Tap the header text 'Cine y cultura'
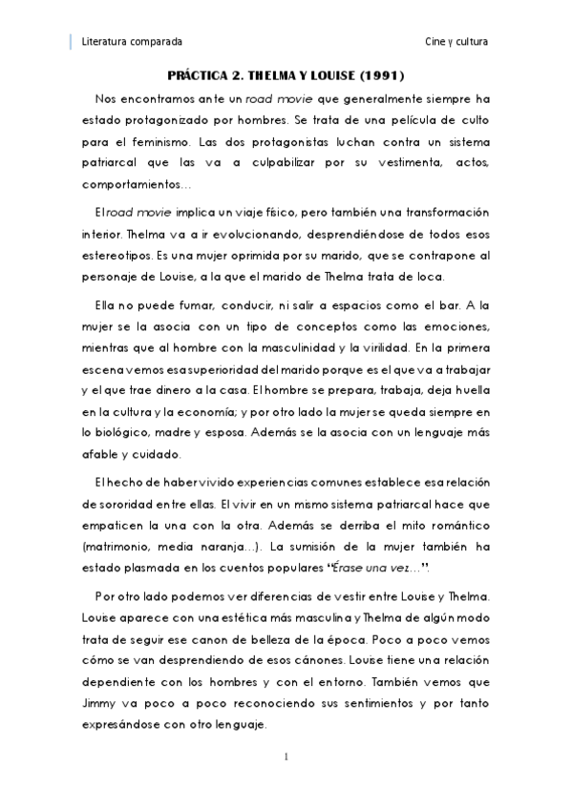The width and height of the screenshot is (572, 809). coord(456,42)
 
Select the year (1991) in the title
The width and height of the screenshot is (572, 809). coord(379,74)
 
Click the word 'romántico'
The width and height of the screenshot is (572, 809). coord(456,524)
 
